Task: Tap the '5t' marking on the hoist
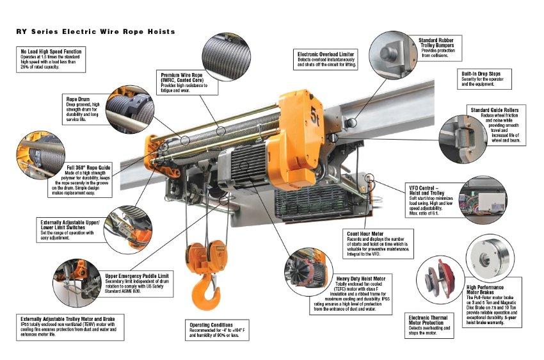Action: click(x=314, y=116)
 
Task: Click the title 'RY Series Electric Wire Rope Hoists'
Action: click(x=95, y=31)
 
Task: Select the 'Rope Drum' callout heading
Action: click(x=77, y=99)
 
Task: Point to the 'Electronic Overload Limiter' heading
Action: click(x=325, y=54)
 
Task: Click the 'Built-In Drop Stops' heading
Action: click(x=481, y=74)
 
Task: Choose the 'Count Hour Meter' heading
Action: click(x=365, y=234)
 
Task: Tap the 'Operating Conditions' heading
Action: click(x=211, y=325)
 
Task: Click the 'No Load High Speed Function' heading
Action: click(x=51, y=51)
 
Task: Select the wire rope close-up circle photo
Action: click(x=226, y=57)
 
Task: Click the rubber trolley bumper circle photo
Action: click(x=393, y=55)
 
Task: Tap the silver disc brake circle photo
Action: click(x=490, y=258)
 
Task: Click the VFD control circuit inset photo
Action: click(x=483, y=200)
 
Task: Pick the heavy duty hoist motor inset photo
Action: click(x=308, y=272)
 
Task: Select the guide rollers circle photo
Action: click(x=463, y=139)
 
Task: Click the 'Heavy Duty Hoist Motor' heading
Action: click(x=361, y=279)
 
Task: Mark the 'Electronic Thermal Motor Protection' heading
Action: click(x=428, y=320)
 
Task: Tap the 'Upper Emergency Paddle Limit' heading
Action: click(x=137, y=275)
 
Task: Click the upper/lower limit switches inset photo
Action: click(x=127, y=229)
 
